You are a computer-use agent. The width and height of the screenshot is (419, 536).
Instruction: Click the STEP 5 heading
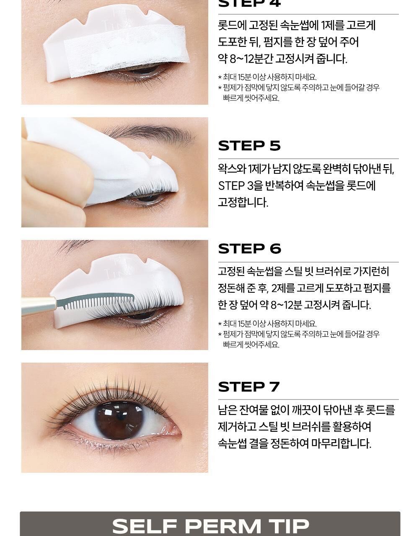[x=249, y=146]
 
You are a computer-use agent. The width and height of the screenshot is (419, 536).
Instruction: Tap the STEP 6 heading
[x=249, y=249]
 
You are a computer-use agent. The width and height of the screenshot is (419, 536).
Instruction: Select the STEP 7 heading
[x=248, y=387]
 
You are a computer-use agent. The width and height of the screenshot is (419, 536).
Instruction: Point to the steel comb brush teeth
[x=99, y=302]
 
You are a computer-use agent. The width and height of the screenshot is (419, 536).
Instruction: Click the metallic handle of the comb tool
[x=39, y=306]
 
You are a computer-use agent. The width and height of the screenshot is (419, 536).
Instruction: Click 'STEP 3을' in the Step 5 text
[x=240, y=186]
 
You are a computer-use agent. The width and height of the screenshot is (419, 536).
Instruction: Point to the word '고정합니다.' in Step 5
[x=243, y=203]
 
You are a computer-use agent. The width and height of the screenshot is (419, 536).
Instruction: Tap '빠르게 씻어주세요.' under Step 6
[x=251, y=345]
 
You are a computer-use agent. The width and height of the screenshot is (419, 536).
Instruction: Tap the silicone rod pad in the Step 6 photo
[x=116, y=283]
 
